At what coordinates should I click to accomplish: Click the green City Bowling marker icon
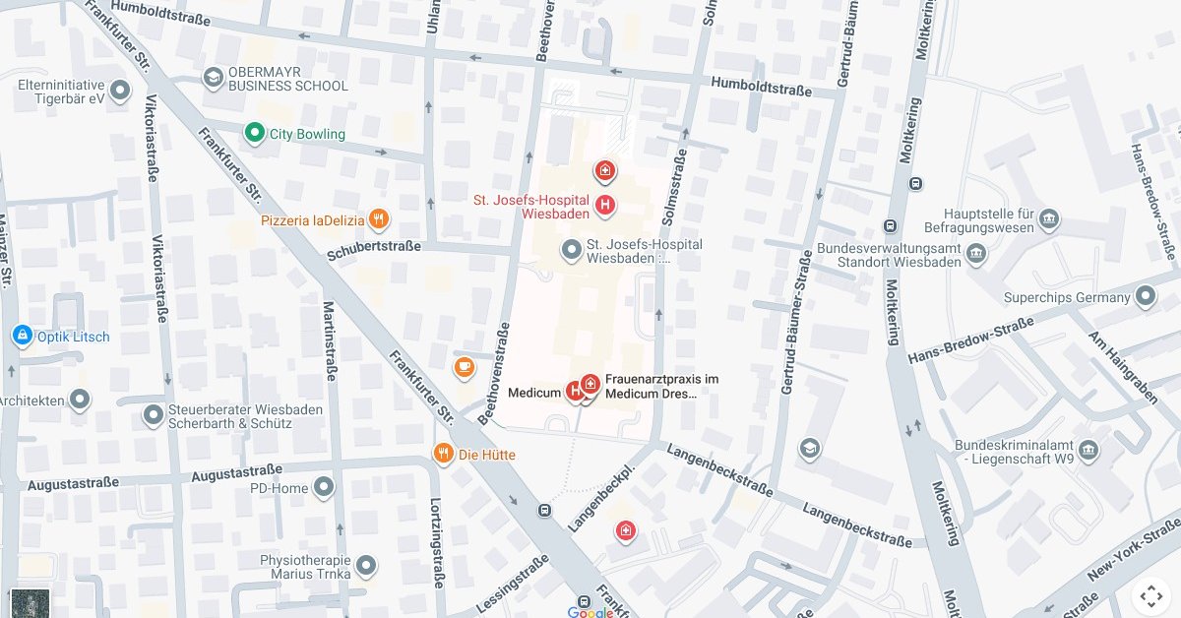point(254,133)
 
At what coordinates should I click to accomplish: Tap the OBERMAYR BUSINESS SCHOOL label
point(287,79)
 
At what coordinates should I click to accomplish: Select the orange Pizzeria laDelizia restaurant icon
point(379,219)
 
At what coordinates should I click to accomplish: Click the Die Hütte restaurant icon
point(444,454)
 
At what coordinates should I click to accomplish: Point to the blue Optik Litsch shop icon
point(22,337)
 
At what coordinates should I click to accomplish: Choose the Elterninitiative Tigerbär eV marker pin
point(121,92)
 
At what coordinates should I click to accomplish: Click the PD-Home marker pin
point(324,487)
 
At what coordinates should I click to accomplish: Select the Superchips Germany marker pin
point(1145,296)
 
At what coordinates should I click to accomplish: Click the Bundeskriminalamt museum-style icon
point(1088,451)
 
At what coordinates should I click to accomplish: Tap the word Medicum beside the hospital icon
point(533,393)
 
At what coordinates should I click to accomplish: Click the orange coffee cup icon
point(464,367)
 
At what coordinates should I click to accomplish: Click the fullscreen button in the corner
point(1150,594)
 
